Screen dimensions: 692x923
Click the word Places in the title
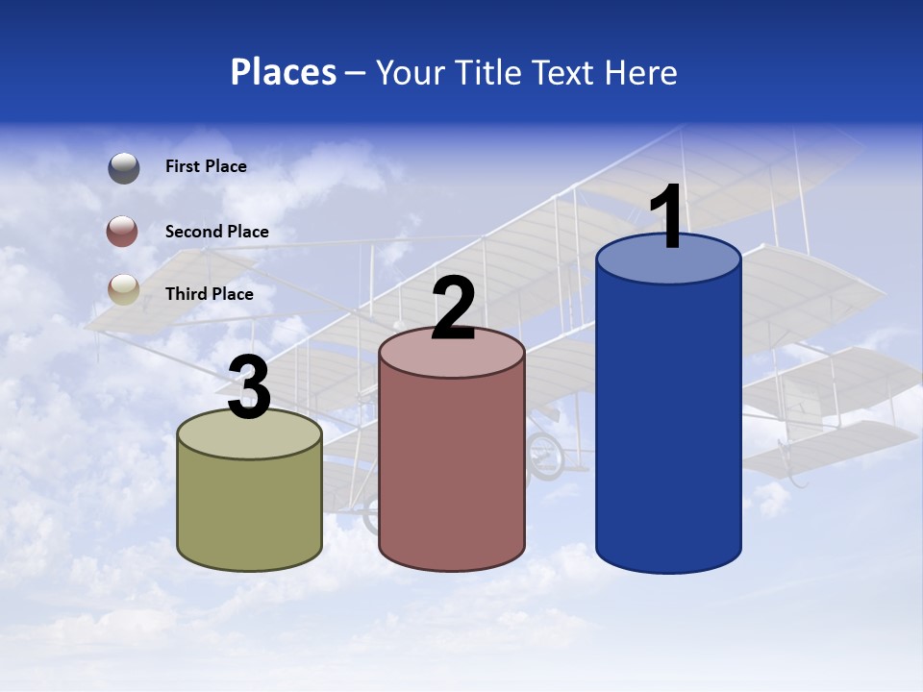284,72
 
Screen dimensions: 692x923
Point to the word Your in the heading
411,72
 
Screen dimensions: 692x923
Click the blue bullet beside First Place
124,167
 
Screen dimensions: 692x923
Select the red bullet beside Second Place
124,232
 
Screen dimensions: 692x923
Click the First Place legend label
206,166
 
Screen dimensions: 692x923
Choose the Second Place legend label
216,232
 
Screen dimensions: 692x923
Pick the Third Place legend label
209,294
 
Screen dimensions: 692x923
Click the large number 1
667,218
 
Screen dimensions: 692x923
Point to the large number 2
453,309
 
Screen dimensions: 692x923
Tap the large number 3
249,387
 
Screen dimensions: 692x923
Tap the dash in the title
355,72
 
